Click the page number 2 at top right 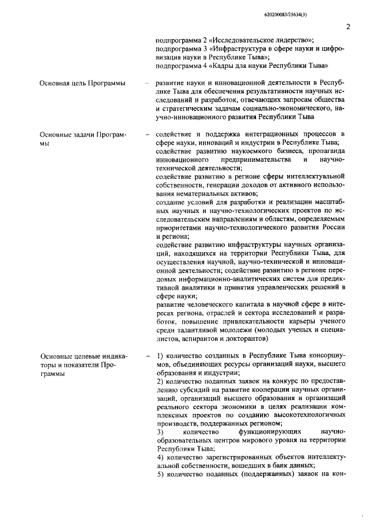pos(348,26)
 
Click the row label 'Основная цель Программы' pos(82,83)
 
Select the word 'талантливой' pos(197,330)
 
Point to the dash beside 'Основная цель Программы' pos(148,83)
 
